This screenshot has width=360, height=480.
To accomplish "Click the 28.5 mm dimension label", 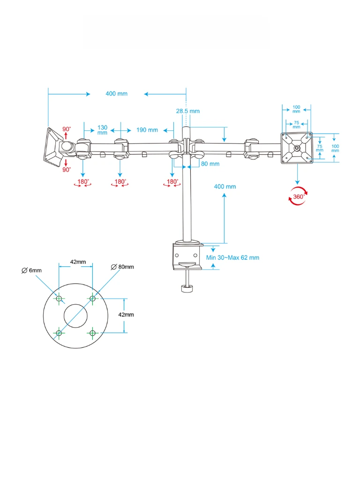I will tap(187, 111).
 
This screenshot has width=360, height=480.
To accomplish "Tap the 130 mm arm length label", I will tap(102, 130).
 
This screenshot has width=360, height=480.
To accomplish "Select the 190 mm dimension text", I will tap(147, 130).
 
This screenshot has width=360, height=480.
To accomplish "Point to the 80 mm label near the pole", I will tap(210, 164).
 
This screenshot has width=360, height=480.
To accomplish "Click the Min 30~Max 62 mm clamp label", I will tap(232, 257).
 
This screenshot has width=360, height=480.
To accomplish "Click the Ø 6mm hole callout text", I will tap(32, 270).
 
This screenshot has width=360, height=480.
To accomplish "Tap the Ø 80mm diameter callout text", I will tap(122, 267).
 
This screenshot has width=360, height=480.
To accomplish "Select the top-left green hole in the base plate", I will tap(59, 299).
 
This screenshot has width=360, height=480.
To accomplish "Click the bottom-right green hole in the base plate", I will tap(92, 333).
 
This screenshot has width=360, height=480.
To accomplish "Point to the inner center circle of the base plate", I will tap(75, 315).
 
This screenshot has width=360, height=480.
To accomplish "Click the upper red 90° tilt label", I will tap(67, 129).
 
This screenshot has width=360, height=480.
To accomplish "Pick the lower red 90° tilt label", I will tap(66, 170).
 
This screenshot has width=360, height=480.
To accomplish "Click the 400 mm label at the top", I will tap(116, 94).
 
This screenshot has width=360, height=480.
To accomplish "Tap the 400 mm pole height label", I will tap(225, 187).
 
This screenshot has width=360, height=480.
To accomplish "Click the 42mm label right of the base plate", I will tap(126, 315).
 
